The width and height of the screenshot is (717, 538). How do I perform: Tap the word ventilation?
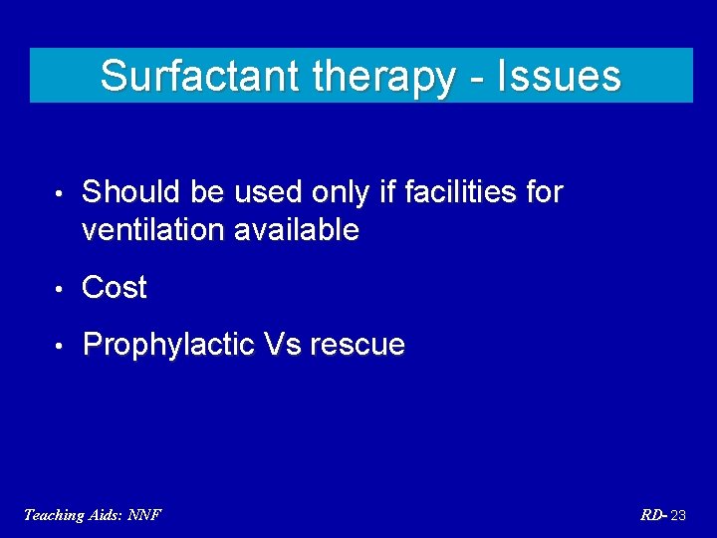tap(153, 230)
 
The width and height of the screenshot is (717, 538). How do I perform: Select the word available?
tap(296, 230)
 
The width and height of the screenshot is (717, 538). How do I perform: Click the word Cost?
tap(115, 288)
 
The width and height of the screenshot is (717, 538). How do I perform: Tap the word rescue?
tap(358, 346)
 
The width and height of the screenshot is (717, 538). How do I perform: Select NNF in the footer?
tap(144, 515)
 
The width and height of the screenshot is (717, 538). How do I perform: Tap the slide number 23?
tap(678, 515)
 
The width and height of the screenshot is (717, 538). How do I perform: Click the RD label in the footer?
tap(651, 515)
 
